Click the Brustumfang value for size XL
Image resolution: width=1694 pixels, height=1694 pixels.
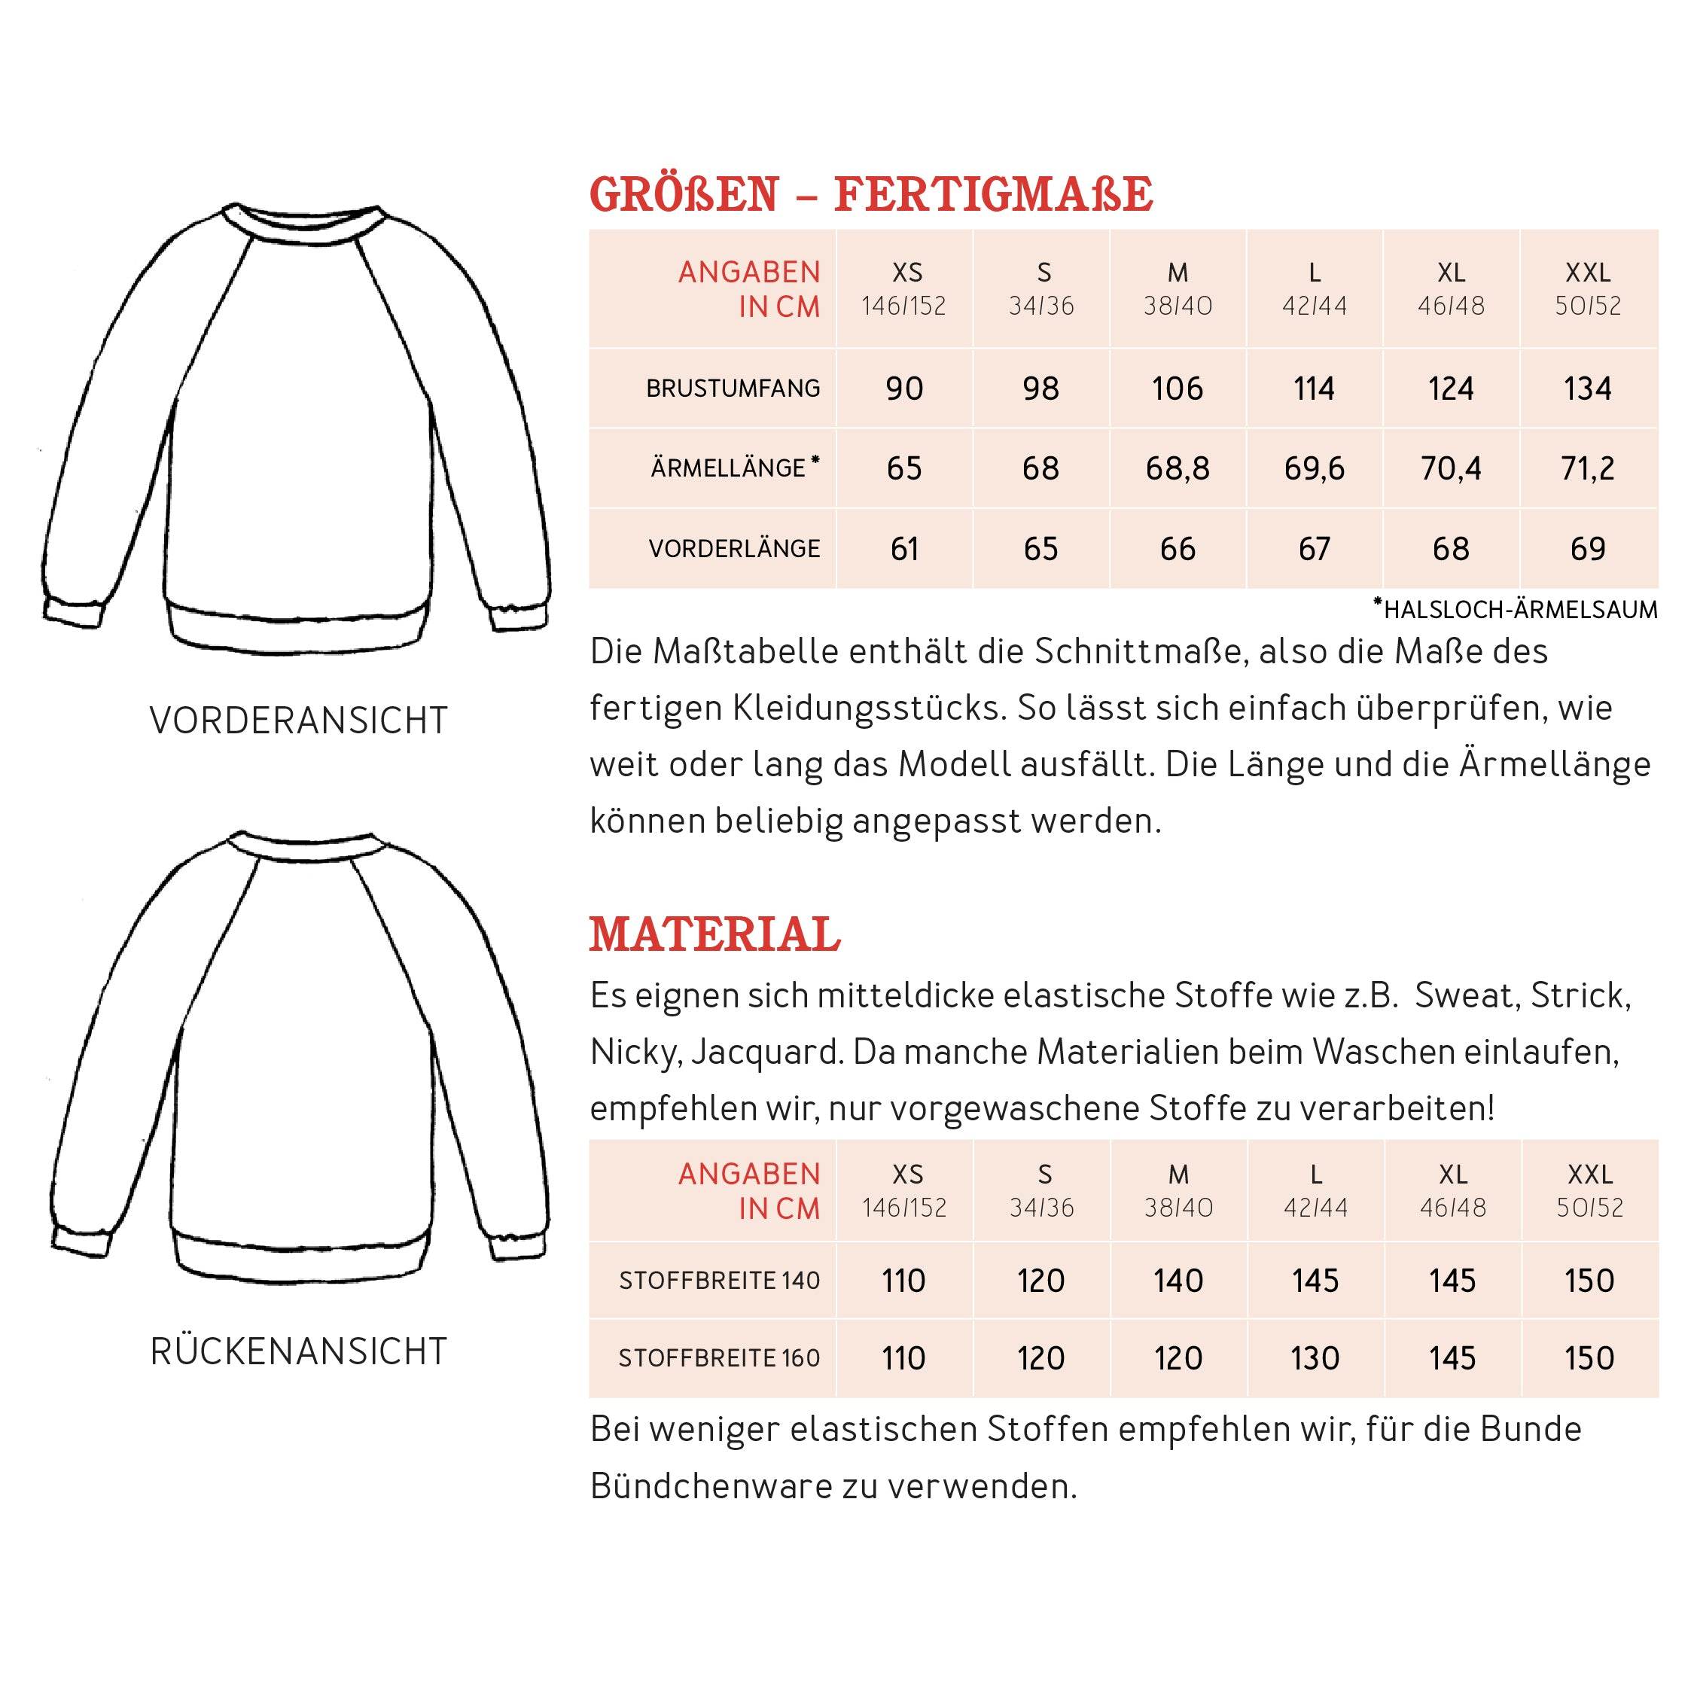pyautogui.click(x=1450, y=388)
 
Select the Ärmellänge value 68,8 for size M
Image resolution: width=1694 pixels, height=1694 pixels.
pyautogui.click(x=1177, y=468)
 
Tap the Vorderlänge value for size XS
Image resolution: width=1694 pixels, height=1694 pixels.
pyautogui.click(x=904, y=549)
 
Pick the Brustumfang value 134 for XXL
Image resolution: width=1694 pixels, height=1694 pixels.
pyautogui.click(x=1587, y=388)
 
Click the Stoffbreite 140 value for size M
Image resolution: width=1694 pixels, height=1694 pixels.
pyautogui.click(x=1178, y=1281)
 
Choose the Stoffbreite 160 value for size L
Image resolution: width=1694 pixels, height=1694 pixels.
pyautogui.click(x=1315, y=1358)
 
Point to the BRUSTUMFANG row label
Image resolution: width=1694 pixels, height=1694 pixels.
pyautogui.click(x=733, y=388)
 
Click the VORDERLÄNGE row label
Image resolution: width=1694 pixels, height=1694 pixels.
pyautogui.click(x=734, y=549)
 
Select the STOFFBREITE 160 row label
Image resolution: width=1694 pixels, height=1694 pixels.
pyautogui.click(x=719, y=1358)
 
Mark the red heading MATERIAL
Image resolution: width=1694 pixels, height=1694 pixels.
pyautogui.click(x=714, y=934)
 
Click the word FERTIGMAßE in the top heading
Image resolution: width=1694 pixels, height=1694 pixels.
pyautogui.click(x=992, y=195)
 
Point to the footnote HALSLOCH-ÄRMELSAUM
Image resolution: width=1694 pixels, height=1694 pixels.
pyautogui.click(x=1519, y=609)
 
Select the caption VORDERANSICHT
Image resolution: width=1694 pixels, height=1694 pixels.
pyautogui.click(x=298, y=721)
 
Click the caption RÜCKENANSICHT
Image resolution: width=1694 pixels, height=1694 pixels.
pyautogui.click(x=298, y=1352)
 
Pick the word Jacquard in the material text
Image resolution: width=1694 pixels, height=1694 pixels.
pyautogui.click(x=766, y=1053)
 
